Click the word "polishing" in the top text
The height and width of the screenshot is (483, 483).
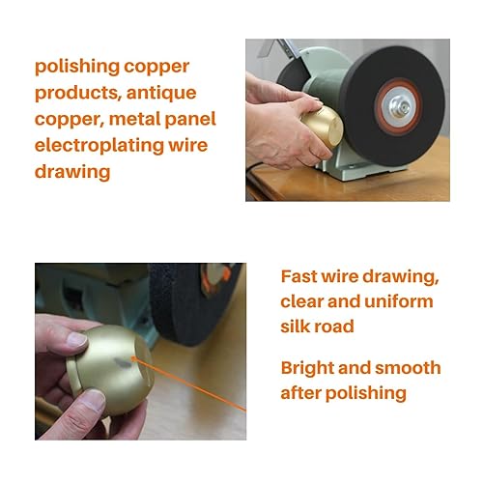[x=77, y=67]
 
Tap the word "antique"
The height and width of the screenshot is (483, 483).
[x=161, y=94]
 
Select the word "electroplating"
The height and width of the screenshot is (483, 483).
[x=99, y=146]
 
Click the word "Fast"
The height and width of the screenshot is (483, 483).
[x=298, y=276]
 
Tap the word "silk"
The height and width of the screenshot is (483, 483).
[x=295, y=327]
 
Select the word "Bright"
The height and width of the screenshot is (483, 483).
[x=307, y=368]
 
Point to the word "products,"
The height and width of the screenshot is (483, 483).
[x=77, y=94]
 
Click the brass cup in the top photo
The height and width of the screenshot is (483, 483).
[x=323, y=128]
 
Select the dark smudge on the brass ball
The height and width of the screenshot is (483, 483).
[x=124, y=362]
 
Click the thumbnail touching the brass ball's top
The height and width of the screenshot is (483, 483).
[x=76, y=340]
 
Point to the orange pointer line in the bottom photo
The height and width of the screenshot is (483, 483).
[x=189, y=384]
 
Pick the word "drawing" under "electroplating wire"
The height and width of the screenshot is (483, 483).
[x=72, y=172]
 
